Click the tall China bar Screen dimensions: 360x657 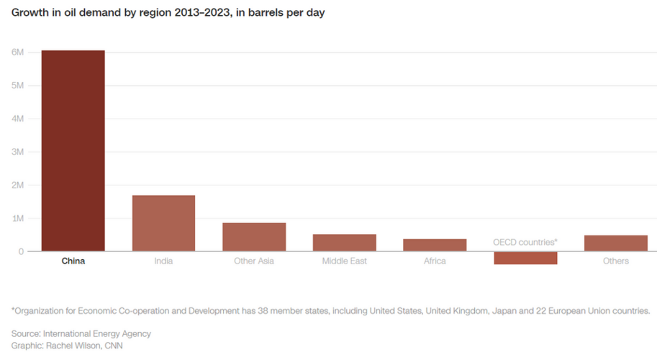(x=73, y=150)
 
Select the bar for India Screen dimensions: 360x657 (x=163, y=223)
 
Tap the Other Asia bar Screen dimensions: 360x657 (x=254, y=237)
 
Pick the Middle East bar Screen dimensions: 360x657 (x=344, y=243)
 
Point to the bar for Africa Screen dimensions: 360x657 (x=435, y=245)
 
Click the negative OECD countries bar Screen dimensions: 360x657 (x=525, y=258)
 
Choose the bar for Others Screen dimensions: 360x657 (x=615, y=243)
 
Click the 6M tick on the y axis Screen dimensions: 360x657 (x=17, y=53)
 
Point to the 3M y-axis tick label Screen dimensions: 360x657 (x=17, y=152)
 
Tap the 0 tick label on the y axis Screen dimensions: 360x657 (x=21, y=251)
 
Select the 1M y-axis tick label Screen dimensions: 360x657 (x=17, y=218)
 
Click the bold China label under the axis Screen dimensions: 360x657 (x=73, y=261)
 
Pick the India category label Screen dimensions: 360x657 (x=163, y=261)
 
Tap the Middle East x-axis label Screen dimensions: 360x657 (x=344, y=261)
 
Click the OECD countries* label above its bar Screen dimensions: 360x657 (x=525, y=242)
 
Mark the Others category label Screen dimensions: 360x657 (x=616, y=261)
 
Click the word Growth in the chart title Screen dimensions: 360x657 (x=30, y=13)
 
